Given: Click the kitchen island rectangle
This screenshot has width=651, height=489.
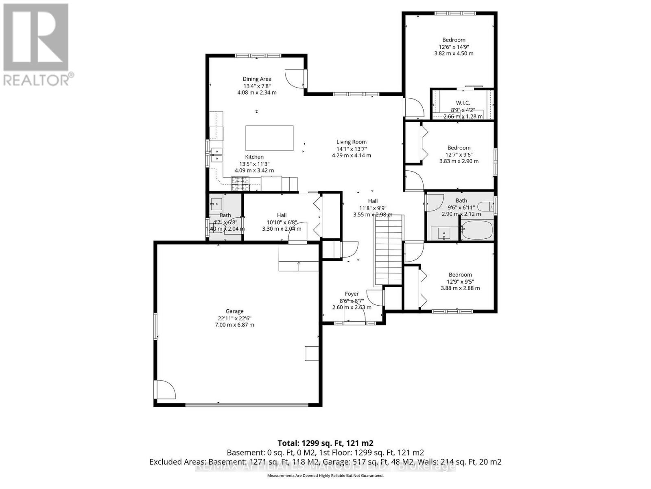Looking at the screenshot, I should coord(269,138).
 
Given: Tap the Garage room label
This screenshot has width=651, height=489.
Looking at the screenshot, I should coord(235,311).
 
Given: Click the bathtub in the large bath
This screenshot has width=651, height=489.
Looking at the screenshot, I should coord(477,230).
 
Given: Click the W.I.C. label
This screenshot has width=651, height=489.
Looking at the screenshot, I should coord(463,103).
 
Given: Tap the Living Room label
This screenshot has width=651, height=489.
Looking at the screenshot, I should coord(352,142).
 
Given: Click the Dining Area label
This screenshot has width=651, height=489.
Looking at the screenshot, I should coord(257,79).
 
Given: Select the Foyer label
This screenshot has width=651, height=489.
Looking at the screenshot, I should coord(352,294).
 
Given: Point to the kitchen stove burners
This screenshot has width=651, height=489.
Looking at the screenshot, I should coord(240,183).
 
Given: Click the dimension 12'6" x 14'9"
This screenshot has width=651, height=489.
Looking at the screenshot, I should coord(454,46).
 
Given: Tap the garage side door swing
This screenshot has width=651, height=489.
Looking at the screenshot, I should coord(165,390).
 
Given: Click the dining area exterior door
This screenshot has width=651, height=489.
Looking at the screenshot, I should coord(295,78).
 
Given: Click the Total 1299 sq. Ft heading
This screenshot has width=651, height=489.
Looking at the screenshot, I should coord(325,443).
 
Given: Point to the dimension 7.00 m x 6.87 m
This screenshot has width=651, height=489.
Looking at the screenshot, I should coord(234,325).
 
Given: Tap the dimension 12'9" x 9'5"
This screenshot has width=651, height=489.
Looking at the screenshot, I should coord(460,282).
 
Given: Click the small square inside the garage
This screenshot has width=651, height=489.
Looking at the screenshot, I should coord(312,353).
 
